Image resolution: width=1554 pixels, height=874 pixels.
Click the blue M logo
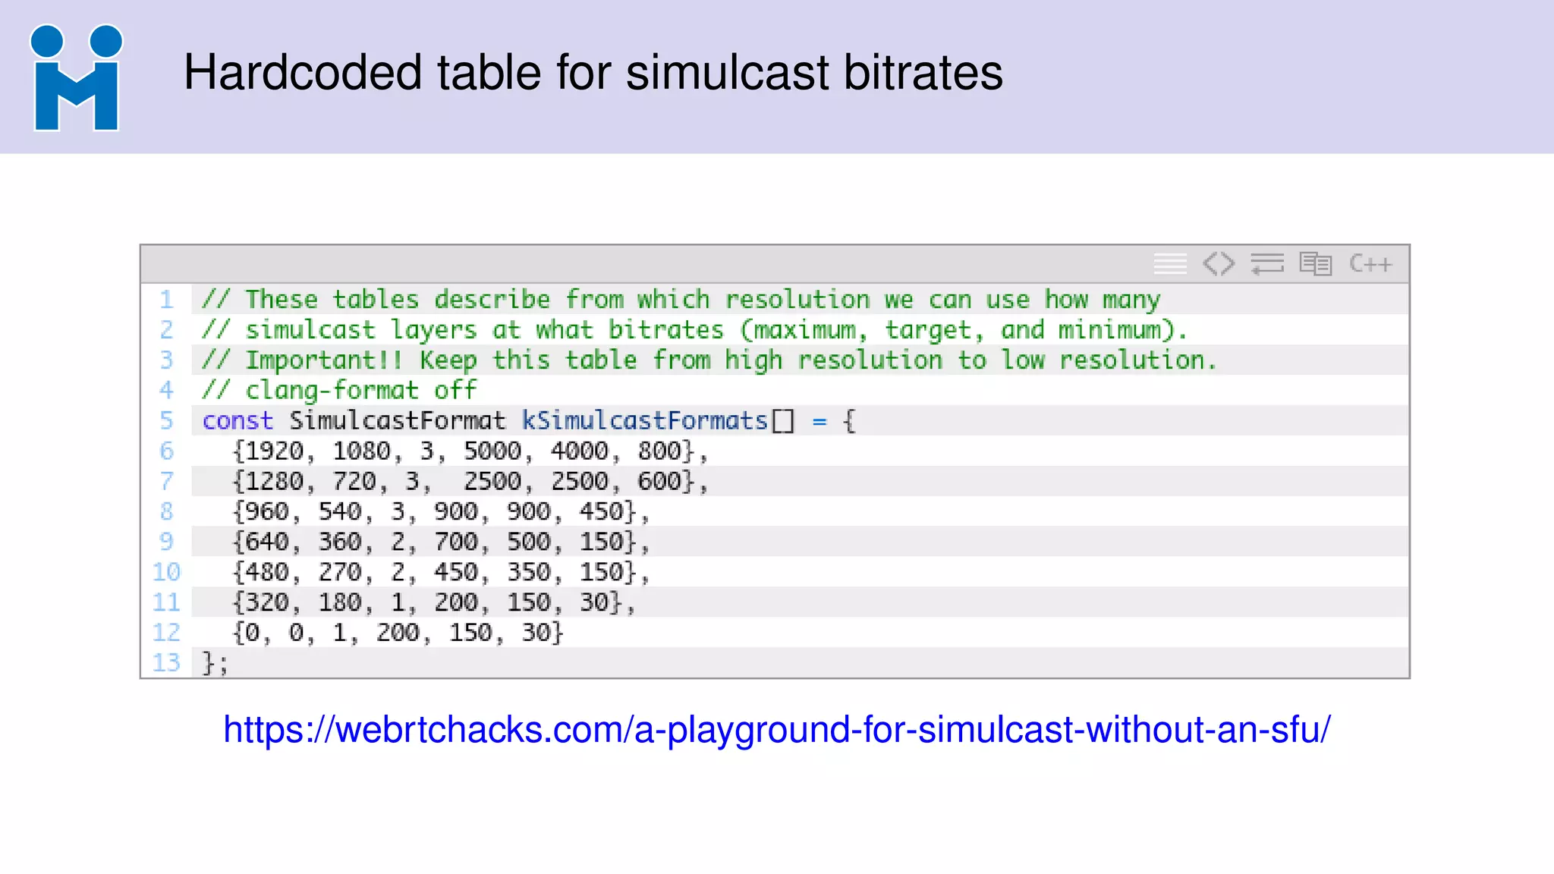[x=76, y=79]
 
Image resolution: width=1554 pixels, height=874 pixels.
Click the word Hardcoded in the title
[x=302, y=73]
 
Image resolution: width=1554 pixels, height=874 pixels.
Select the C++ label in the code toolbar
[x=1370, y=264]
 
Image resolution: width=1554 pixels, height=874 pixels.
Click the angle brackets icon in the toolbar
[x=1219, y=264]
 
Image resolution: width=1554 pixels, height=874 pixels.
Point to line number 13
[x=166, y=663]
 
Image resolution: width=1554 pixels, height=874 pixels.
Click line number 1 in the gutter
[x=166, y=300]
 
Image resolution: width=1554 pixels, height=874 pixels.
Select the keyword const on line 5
[x=238, y=421]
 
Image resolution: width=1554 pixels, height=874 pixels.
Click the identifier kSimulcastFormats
[x=645, y=421]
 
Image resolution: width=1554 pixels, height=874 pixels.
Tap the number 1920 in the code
[x=274, y=451]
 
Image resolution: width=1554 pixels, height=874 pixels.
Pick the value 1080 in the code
[x=362, y=451]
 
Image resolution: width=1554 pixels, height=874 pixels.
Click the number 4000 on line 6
[x=580, y=451]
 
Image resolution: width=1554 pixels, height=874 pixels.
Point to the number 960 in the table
[x=266, y=512]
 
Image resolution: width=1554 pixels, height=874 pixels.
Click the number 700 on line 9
[x=456, y=542]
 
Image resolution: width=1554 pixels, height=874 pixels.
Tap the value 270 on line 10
[x=340, y=573]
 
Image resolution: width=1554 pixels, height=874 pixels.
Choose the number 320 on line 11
[x=266, y=603]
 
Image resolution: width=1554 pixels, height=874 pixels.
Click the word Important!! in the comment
[x=324, y=360]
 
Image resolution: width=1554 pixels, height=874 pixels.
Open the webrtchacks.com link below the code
[x=776, y=730]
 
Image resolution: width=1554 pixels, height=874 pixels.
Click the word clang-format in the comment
[x=332, y=391]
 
